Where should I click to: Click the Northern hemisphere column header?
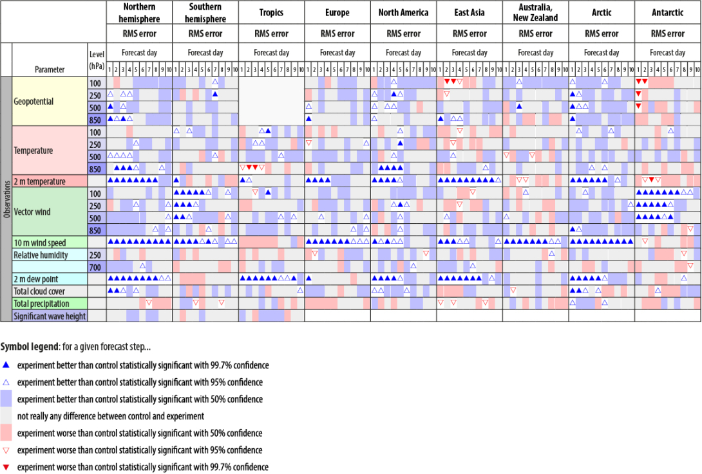coord(139,13)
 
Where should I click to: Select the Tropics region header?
coord(271,13)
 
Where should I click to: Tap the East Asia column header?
coord(470,13)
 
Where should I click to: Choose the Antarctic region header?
coord(668,13)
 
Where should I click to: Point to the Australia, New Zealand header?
coord(535,13)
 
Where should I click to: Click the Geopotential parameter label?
coord(33,101)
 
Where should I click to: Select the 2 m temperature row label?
coord(39,181)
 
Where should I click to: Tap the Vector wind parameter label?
coord(33,212)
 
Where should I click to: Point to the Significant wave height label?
coord(50,316)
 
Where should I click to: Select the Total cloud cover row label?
coord(40,291)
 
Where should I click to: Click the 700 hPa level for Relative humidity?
coord(96,267)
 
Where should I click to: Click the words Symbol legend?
coord(29,347)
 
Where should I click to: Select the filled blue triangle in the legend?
coord(6,365)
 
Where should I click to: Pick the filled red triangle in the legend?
coord(6,467)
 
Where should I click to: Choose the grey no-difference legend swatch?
coord(6,416)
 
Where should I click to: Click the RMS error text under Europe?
coord(337,33)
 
